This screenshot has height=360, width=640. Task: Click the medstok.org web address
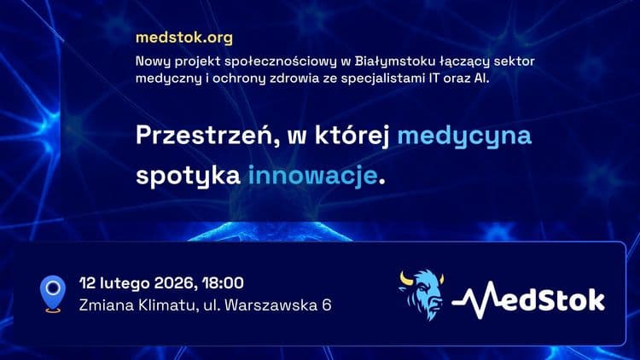tap(183, 38)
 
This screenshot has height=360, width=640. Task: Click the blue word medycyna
tap(465, 136)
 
